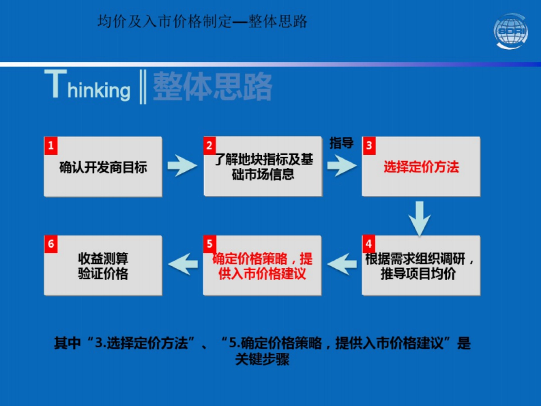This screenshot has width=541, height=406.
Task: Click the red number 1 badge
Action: pos(51,145)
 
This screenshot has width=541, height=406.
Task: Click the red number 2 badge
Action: pos(210,145)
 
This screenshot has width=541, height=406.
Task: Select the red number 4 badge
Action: pos(369,244)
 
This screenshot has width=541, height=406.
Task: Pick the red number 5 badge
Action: pos(210,244)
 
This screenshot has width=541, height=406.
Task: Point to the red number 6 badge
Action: pos(51,244)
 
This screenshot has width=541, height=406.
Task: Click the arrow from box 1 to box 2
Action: pos(182,166)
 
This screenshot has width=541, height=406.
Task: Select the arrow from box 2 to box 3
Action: pos(342,166)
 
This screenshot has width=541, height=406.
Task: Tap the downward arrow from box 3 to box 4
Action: pos(420,218)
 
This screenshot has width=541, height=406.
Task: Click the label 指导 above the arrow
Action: pos(341,143)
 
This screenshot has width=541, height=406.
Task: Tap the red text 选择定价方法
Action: pos(421,167)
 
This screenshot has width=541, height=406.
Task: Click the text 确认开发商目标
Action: pos(103,167)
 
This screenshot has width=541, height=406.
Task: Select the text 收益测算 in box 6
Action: pos(103,258)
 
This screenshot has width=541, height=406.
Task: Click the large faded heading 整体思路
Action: pos(212,87)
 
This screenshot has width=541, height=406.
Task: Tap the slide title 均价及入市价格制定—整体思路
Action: pos(202,21)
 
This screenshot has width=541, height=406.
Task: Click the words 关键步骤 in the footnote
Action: pos(262,360)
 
